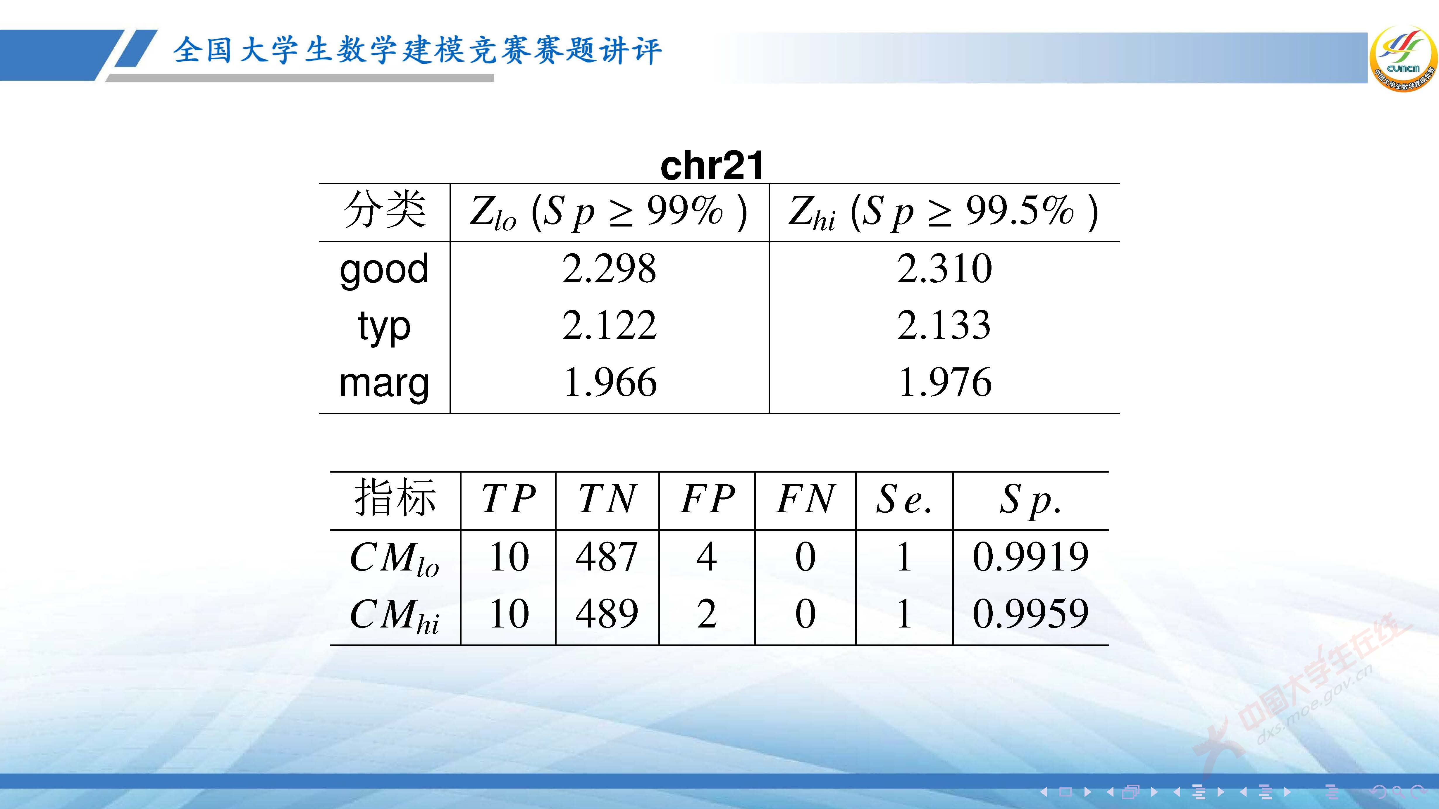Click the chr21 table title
click(712, 166)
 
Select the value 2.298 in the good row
click(610, 269)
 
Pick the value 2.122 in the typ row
click(610, 326)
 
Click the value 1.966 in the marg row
click(610, 383)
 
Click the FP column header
click(707, 499)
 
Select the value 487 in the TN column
click(607, 557)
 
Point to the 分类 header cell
click(384, 211)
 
